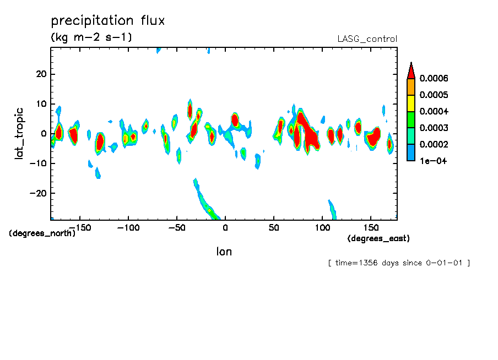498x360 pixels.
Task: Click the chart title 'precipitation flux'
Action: click(108, 21)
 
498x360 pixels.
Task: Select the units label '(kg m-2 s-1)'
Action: click(91, 37)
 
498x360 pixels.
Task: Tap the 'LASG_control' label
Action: click(367, 39)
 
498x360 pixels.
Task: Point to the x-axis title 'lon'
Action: click(224, 252)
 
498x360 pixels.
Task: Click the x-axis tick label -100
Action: click(128, 227)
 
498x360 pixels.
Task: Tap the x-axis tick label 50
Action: click(274, 227)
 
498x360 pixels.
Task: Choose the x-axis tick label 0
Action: click(225, 227)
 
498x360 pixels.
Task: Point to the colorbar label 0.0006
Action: click(434, 78)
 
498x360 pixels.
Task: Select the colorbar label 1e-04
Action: click(433, 161)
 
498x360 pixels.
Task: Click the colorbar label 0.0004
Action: click(434, 111)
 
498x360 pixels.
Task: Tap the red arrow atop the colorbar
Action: click(410, 70)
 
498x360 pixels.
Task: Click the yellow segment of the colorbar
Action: click(410, 103)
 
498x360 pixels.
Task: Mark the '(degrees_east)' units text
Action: click(378, 238)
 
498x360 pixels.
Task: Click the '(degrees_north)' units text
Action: click(42, 233)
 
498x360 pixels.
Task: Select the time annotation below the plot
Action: click(398, 263)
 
